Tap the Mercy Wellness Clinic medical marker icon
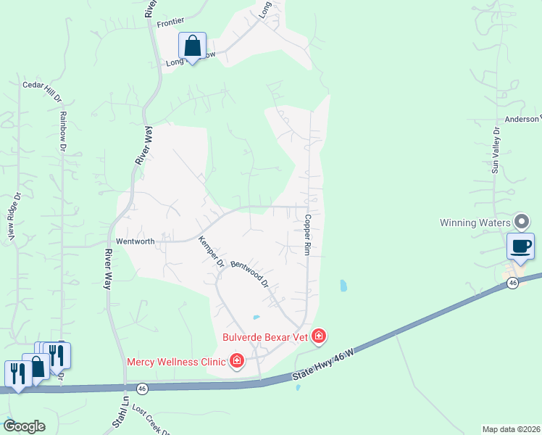pyautogui.click(x=236, y=361)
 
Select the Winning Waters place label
pyautogui.click(x=475, y=223)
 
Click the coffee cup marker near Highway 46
pyautogui.click(x=521, y=246)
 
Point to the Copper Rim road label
pyautogui.click(x=307, y=234)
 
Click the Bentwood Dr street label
pyautogui.click(x=250, y=274)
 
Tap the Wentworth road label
pyautogui.click(x=135, y=241)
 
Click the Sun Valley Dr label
pyautogui.click(x=496, y=150)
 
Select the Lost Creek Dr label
pyautogui.click(x=151, y=420)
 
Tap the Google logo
pyautogui.click(x=24, y=426)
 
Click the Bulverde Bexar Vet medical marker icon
pyautogui.click(x=318, y=336)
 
